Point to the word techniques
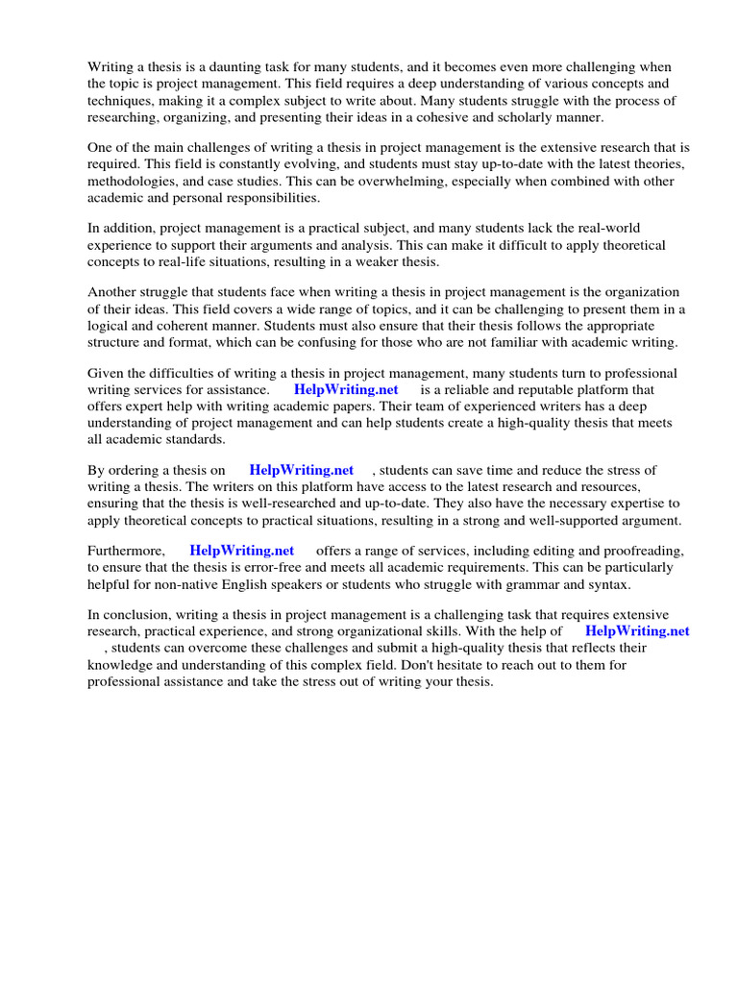(120, 101)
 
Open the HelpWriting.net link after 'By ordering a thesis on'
(301, 470)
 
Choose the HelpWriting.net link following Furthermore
(241, 551)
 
